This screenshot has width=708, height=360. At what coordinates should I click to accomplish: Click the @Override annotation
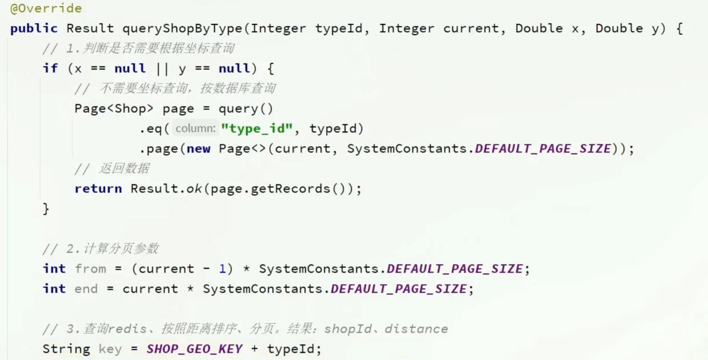click(46, 8)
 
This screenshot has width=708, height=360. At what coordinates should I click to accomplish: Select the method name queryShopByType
click(182, 28)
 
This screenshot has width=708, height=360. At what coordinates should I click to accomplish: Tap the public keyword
click(34, 28)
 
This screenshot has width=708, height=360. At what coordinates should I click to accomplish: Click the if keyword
click(50, 68)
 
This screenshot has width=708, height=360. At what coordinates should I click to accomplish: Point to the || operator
click(162, 68)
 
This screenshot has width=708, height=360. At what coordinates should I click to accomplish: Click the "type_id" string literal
click(257, 128)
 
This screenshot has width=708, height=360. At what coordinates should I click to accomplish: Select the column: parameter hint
click(195, 128)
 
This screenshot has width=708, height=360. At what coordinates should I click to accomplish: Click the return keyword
click(98, 188)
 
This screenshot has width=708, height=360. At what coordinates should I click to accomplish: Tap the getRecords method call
click(290, 188)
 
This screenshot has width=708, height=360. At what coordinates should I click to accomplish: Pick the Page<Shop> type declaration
click(114, 109)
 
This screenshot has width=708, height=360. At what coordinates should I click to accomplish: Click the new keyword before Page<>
click(198, 148)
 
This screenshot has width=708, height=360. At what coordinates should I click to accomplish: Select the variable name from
click(91, 269)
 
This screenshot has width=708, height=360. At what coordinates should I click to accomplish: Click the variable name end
click(86, 289)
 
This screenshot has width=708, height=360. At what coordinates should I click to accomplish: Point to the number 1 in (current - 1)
click(222, 269)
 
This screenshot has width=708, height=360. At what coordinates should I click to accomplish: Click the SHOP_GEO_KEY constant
click(194, 349)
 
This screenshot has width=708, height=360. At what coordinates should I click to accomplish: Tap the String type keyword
click(66, 349)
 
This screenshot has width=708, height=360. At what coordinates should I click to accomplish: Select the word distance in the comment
click(416, 329)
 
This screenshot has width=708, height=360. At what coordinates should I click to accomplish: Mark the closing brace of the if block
click(46, 209)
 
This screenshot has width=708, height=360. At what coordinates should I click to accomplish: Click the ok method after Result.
click(194, 188)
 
